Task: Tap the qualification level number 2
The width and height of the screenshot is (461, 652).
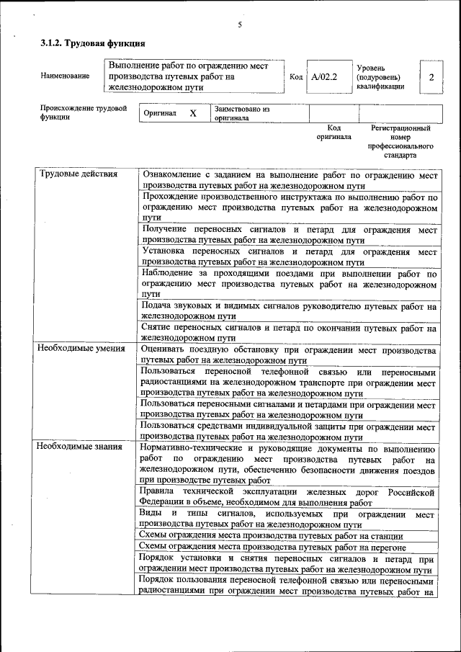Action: click(430, 76)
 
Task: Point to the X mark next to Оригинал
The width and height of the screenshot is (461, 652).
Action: click(192, 114)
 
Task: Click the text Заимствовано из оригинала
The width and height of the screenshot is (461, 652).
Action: click(241, 114)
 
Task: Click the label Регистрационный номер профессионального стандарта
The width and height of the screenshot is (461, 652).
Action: click(400, 140)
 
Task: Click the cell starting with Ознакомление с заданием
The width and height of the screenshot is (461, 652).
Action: click(290, 179)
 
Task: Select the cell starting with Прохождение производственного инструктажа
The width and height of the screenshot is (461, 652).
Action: click(290, 206)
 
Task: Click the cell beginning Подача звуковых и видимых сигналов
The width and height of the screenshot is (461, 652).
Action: click(290, 311)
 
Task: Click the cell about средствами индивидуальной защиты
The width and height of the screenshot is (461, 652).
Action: click(290, 431)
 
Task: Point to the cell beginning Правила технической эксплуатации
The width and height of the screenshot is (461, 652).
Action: click(290, 497)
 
